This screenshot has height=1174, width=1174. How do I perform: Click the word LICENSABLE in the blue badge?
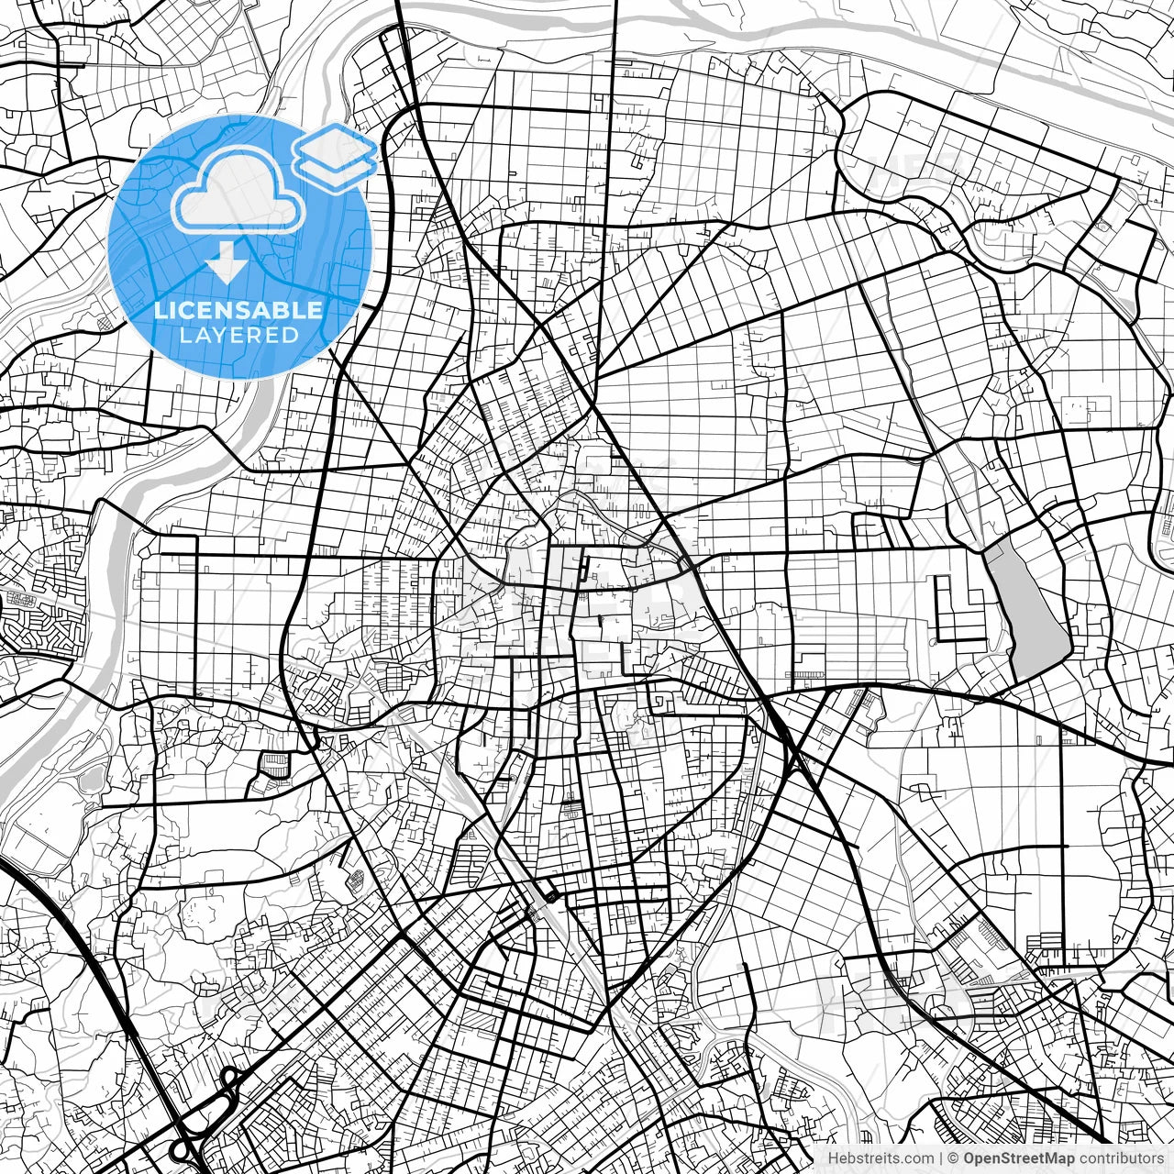[238, 310]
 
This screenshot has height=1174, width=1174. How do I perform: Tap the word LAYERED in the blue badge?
[238, 336]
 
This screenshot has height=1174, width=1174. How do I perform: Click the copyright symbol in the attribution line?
[953, 1158]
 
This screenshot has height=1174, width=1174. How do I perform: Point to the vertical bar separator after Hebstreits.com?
[940, 1158]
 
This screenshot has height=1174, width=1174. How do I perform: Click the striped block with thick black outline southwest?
[274, 764]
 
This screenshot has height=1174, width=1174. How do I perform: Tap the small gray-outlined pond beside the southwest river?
[92, 781]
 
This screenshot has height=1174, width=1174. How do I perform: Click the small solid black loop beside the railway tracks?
[549, 896]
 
